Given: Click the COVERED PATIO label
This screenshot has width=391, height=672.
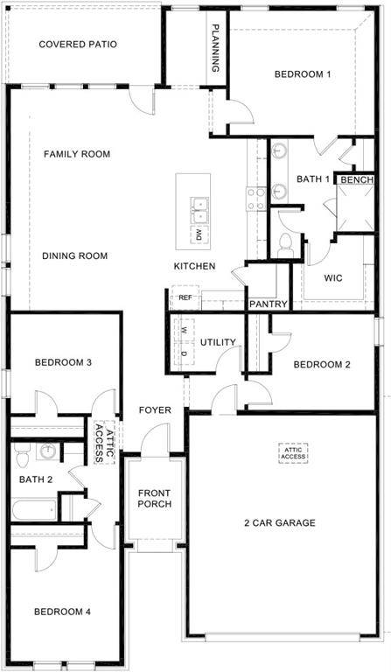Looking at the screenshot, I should click(x=78, y=44).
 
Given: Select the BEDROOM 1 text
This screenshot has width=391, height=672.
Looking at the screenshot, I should click(x=302, y=74).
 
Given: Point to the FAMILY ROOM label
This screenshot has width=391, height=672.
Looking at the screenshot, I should click(x=77, y=154).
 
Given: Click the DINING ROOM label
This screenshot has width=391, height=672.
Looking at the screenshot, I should click(x=74, y=256).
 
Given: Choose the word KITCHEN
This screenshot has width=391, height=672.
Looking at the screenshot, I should click(x=194, y=266).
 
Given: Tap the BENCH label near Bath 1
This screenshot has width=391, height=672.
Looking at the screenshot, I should click(x=357, y=180).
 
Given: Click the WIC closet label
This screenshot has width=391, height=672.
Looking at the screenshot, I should click(x=332, y=280).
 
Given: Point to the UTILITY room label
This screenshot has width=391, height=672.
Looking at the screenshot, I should click(x=219, y=342).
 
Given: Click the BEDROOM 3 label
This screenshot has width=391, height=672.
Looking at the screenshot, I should click(x=63, y=362).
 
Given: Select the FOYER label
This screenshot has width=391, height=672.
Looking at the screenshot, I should click(x=155, y=410).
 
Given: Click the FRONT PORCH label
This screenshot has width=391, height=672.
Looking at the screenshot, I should click(x=154, y=499).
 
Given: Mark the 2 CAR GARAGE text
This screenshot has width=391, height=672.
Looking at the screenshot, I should click(x=279, y=523).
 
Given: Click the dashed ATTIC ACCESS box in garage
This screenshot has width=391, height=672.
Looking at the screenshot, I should click(x=293, y=452).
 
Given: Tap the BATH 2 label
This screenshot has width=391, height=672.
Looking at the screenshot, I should click(x=37, y=479).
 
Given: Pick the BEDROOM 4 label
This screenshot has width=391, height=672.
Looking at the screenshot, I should click(x=62, y=612).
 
